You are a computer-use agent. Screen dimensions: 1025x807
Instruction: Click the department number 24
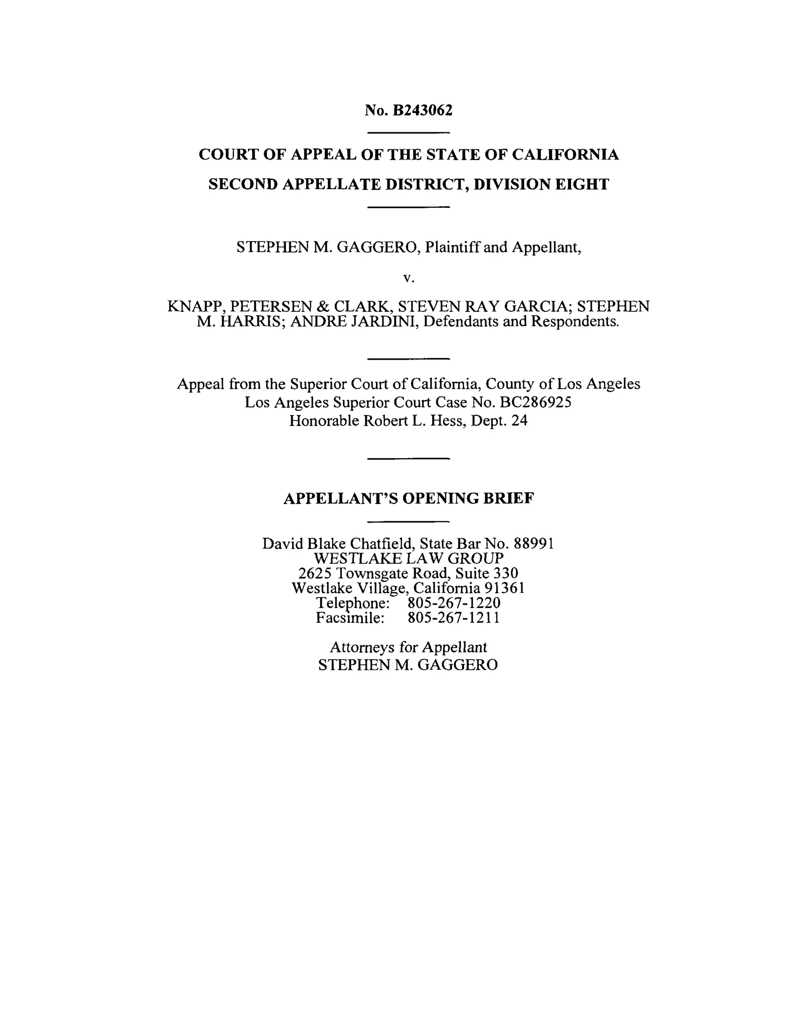(x=519, y=421)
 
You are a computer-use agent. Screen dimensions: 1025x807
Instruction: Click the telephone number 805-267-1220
(x=454, y=603)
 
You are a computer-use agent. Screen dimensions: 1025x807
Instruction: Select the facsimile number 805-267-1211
(x=454, y=618)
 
